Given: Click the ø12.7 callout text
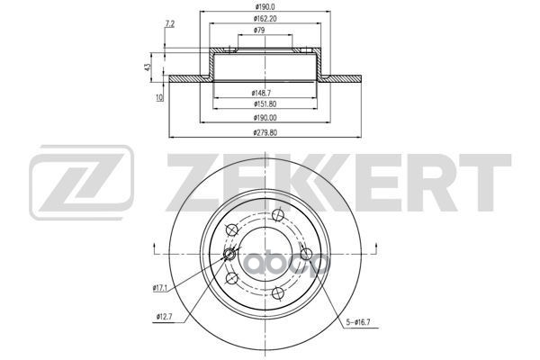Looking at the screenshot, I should [x=164, y=317].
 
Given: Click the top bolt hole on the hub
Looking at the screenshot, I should [x=278, y=214].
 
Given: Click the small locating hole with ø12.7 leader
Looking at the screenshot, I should [x=230, y=255].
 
